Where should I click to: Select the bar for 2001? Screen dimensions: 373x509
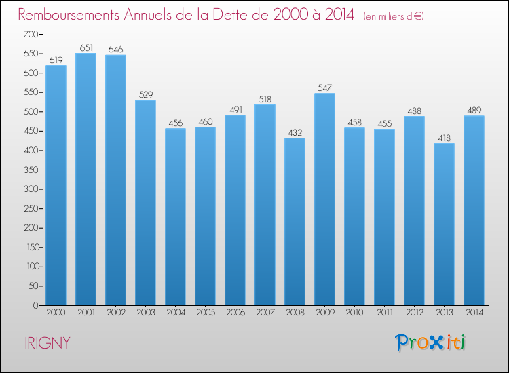point(86,179)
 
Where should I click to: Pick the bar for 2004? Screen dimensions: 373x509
point(175,216)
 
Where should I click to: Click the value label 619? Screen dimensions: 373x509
point(56,60)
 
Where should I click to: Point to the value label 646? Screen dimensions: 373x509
point(115,49)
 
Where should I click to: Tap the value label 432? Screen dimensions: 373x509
point(295,132)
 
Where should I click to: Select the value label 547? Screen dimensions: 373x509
point(324,87)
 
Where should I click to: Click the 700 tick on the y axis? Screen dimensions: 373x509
point(31,34)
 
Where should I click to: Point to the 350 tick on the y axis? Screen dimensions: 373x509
point(31,170)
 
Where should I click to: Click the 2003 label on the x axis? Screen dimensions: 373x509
point(145,313)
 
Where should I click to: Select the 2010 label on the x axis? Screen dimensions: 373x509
point(354,313)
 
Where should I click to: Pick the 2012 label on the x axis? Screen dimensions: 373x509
point(414,313)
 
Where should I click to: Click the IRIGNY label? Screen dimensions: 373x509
point(45,343)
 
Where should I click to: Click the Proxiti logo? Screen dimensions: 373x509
point(430,342)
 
